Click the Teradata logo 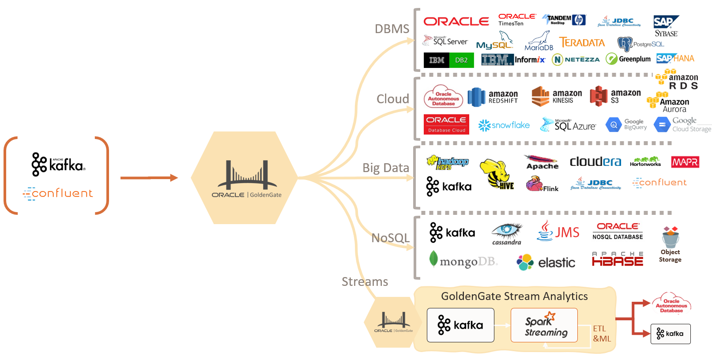[582, 43]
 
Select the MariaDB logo [539, 41]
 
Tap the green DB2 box [461, 60]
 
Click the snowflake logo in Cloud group [504, 125]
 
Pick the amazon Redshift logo [493, 97]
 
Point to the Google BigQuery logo [626, 125]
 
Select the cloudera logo [595, 162]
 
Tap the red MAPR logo [685, 162]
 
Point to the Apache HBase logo [617, 259]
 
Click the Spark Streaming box [544, 325]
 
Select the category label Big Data [385, 168]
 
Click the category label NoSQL [390, 238]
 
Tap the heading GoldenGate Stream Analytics [514, 296]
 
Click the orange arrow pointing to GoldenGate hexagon [149, 178]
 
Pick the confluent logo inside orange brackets [58, 193]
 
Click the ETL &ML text [602, 334]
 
